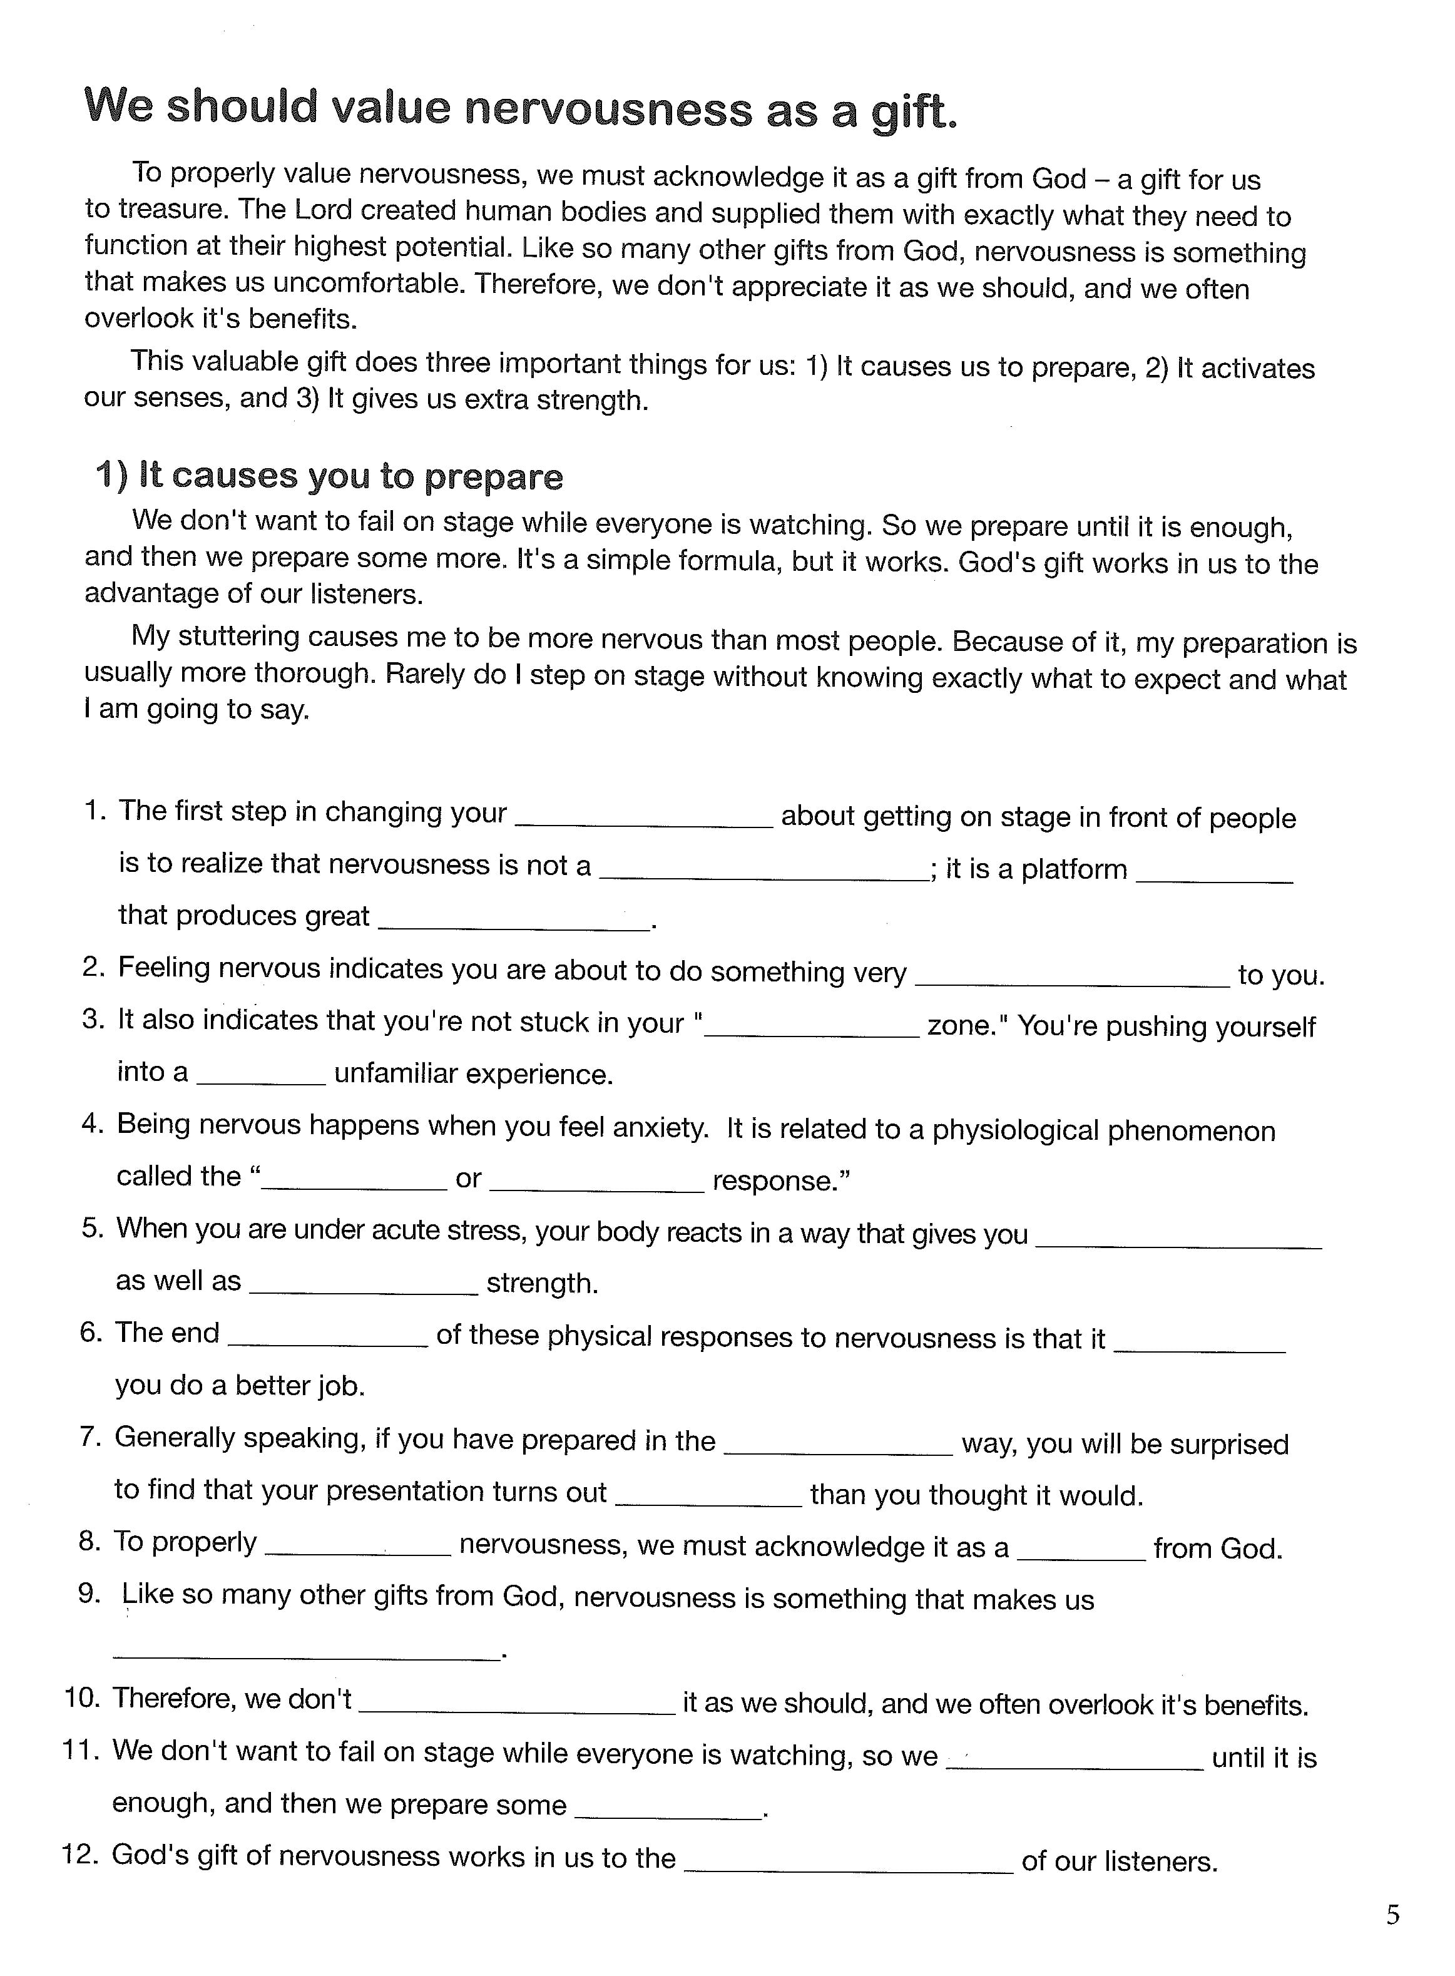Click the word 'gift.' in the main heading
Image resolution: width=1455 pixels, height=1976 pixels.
pos(912,112)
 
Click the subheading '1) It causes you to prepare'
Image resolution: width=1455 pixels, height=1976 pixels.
pos(329,476)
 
